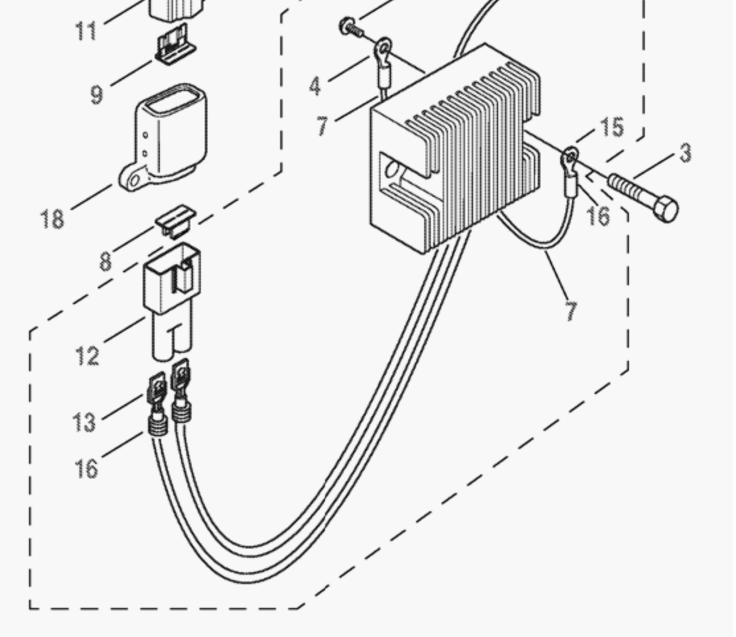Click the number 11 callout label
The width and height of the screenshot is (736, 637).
86,30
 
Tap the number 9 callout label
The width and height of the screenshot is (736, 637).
96,94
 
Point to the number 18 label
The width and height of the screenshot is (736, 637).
53,218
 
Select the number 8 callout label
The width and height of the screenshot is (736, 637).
105,261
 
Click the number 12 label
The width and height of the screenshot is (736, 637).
87,356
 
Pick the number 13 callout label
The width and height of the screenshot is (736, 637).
84,421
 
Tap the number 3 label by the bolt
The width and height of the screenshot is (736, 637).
685,153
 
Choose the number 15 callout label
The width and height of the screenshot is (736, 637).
612,127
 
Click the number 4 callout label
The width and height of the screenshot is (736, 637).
315,86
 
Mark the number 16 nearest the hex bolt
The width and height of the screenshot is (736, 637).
598,215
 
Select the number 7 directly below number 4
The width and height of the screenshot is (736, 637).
322,125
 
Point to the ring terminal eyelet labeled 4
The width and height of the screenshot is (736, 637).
383,48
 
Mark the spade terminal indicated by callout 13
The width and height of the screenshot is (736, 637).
157,390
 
